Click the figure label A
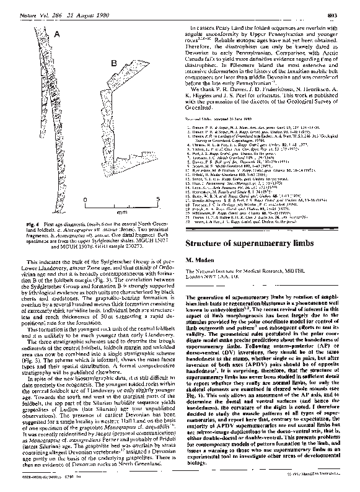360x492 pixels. [56, 35]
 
